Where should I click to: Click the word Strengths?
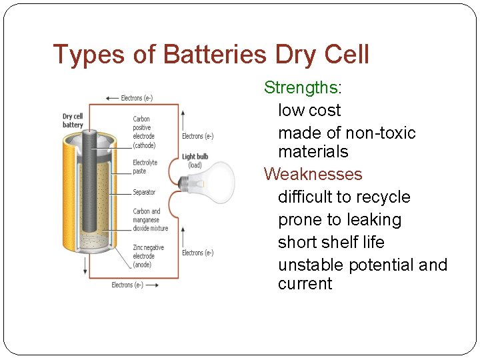click(x=301, y=87)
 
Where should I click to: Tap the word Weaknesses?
click(x=313, y=174)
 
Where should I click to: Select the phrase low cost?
click(x=309, y=110)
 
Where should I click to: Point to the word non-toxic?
click(x=380, y=133)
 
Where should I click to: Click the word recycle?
click(x=383, y=197)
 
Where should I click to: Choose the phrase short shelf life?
click(x=331, y=242)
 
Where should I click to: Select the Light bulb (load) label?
click(x=195, y=161)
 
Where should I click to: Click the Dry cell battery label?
click(x=73, y=121)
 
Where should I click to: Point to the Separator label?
click(x=144, y=192)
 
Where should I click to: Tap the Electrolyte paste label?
click(x=145, y=167)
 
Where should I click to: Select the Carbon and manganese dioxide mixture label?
click(x=150, y=219)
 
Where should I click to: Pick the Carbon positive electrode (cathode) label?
click(x=143, y=132)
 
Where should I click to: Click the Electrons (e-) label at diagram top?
click(x=137, y=98)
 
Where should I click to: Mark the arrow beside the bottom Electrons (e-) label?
click(x=152, y=285)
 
